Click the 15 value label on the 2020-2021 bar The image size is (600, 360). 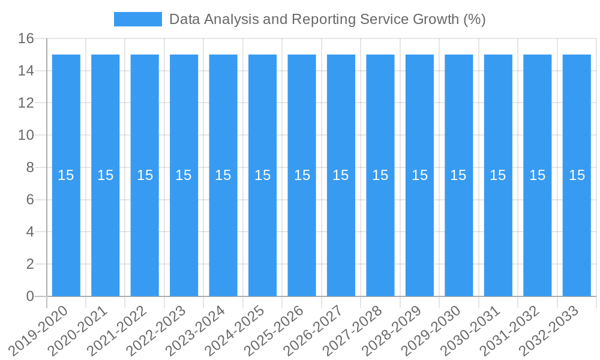pos(106,175)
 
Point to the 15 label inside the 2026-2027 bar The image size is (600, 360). pos(341,175)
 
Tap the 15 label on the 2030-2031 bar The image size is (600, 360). pos(498,175)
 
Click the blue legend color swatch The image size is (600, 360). pos(138,19)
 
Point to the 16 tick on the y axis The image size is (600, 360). pos(26,39)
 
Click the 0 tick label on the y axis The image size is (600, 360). pos(30,296)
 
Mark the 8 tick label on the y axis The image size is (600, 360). pos(30,167)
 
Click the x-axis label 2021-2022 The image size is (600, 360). pos(118,331)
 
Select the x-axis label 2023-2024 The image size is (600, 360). pos(196,331)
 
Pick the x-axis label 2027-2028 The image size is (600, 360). pos(353,331)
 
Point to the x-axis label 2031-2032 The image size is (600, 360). pos(511,331)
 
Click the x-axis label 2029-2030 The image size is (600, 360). pos(432,331)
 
